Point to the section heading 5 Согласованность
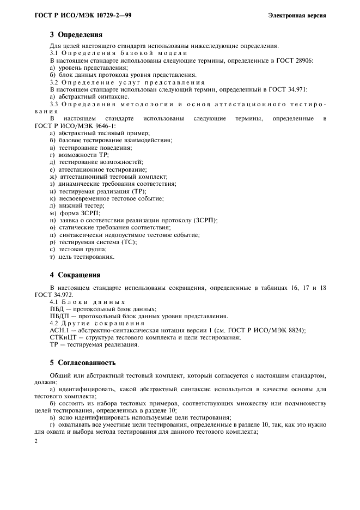82,362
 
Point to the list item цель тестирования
82,257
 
